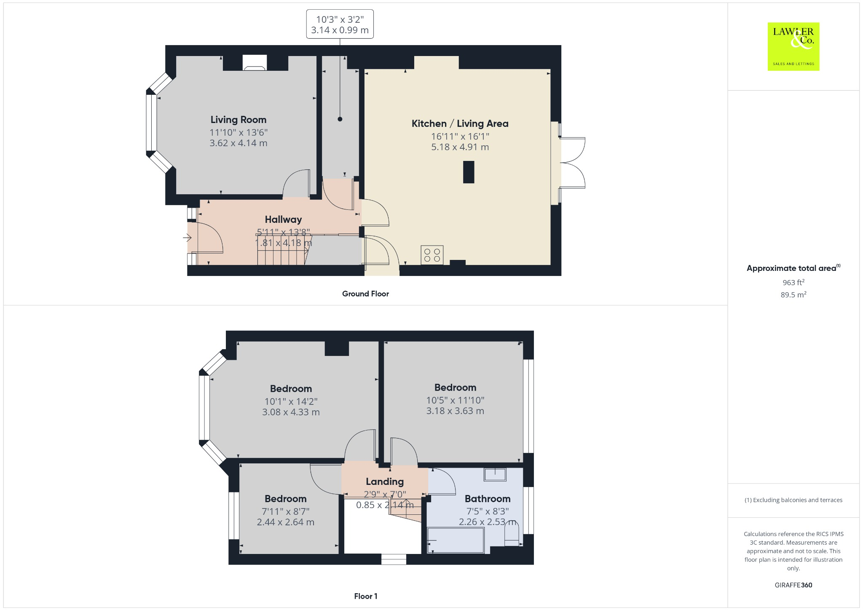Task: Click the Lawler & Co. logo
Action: tap(793, 46)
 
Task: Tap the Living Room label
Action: tap(239, 120)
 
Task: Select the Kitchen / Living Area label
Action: tap(460, 123)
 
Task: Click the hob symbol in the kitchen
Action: tap(432, 255)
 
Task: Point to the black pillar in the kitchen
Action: tap(468, 172)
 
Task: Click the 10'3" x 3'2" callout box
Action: tap(340, 24)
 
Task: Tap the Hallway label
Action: tap(283, 219)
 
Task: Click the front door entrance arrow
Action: tap(187, 238)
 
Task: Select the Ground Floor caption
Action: tap(365, 294)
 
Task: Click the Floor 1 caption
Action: tap(365, 596)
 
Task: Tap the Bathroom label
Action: tap(487, 499)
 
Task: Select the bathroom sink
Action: tap(495, 474)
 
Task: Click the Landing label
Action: tap(384, 482)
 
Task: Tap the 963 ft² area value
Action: tap(793, 282)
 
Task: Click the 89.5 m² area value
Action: tap(793, 295)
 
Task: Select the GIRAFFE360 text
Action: tap(793, 585)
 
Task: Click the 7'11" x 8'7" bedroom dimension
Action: tap(285, 511)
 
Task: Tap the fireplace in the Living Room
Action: tap(255, 64)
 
